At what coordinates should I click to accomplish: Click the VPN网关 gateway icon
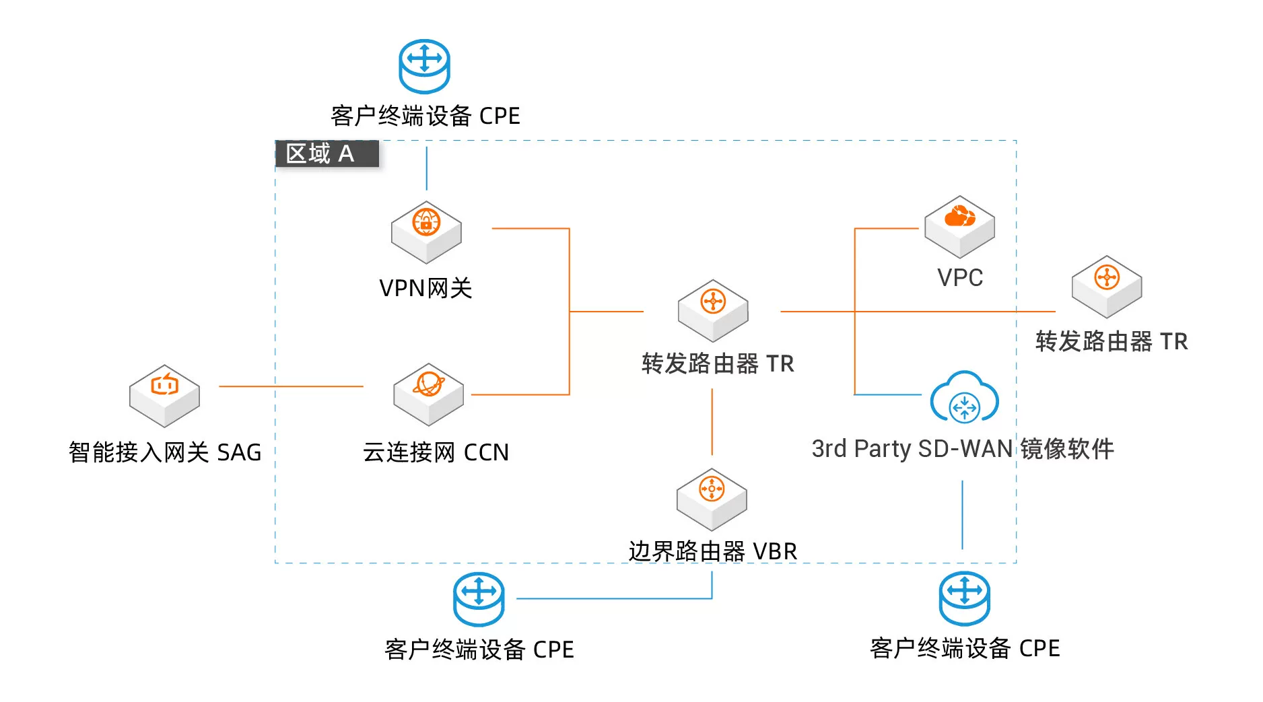426,231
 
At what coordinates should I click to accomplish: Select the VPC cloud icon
959,226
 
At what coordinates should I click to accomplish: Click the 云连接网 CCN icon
428,393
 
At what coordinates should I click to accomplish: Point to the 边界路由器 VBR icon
712,498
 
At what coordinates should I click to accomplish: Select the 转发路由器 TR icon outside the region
1106,286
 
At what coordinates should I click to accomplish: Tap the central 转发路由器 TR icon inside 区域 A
713,310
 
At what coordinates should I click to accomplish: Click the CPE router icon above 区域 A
424,66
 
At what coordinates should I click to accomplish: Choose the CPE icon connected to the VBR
479,598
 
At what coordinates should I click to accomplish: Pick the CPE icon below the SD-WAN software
964,598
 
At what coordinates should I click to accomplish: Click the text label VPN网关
425,288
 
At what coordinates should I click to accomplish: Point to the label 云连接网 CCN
436,452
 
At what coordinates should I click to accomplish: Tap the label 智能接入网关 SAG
165,452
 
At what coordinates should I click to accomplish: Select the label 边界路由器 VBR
712,551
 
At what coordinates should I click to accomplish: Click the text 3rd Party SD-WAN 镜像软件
962,449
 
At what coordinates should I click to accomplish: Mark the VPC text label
960,277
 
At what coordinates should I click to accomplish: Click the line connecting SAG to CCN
291,386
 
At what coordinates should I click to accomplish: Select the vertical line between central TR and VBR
712,422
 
